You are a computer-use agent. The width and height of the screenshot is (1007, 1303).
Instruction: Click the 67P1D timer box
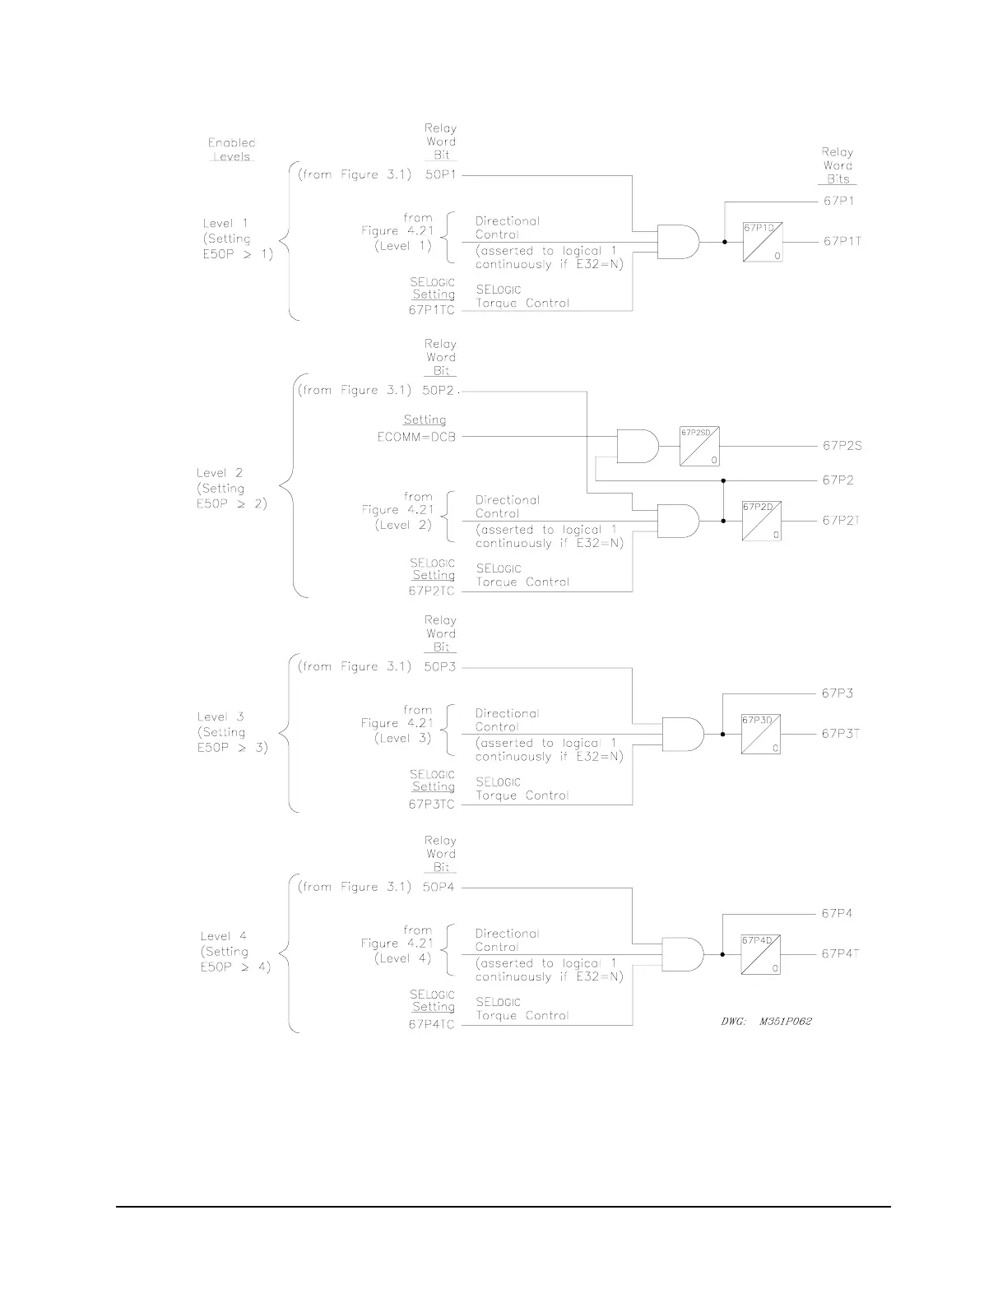click(x=763, y=242)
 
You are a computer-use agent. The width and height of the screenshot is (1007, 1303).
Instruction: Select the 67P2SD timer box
click(x=700, y=446)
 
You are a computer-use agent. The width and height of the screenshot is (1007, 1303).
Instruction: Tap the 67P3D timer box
click(x=760, y=734)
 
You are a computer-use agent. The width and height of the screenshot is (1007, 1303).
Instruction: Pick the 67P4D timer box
click(x=761, y=954)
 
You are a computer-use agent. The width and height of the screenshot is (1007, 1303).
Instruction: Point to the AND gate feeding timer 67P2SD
click(x=638, y=446)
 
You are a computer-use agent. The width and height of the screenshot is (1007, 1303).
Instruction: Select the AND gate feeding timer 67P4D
click(x=683, y=954)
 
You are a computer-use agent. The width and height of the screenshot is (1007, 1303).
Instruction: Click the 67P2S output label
click(x=842, y=446)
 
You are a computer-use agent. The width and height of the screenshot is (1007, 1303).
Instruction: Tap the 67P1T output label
click(x=842, y=242)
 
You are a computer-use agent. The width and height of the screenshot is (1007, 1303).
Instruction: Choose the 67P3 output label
click(x=837, y=693)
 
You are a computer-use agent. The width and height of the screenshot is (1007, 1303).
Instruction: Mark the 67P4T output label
click(x=841, y=954)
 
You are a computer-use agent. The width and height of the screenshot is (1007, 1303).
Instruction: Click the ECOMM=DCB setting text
click(x=416, y=437)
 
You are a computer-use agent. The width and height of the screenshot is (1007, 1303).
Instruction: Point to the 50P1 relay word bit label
click(x=440, y=175)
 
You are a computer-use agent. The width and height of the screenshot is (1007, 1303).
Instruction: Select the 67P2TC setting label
click(x=432, y=591)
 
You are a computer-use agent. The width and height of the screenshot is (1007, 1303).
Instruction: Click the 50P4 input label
click(x=439, y=888)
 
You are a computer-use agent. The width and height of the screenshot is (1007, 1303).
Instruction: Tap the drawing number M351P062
click(x=785, y=1022)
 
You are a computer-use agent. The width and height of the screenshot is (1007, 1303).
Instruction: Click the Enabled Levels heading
click(x=231, y=149)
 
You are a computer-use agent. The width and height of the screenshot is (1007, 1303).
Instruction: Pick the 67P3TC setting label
click(x=432, y=805)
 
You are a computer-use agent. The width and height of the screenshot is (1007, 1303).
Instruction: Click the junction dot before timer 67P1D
click(x=724, y=242)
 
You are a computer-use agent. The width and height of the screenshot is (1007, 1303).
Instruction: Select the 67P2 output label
click(x=838, y=480)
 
